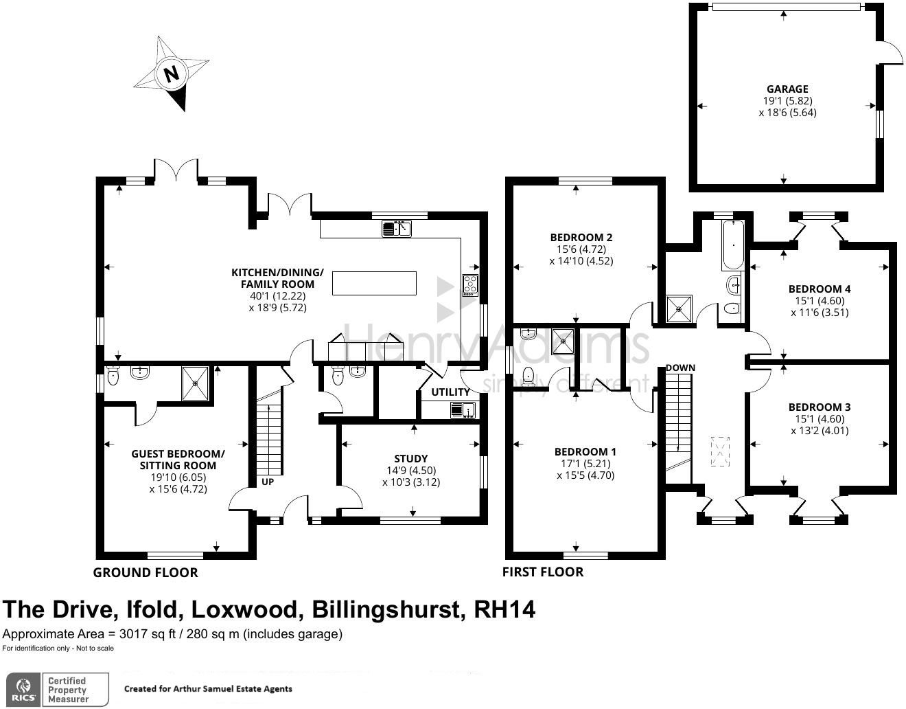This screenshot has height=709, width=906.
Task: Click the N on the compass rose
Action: click(x=172, y=73)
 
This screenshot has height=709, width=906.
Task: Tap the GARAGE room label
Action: click(x=787, y=89)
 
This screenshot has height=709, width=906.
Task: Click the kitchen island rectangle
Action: click(x=374, y=283)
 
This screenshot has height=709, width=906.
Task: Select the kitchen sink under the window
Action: click(x=396, y=228)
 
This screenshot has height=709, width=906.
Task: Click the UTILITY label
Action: click(x=450, y=392)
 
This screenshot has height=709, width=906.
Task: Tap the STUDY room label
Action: click(x=411, y=458)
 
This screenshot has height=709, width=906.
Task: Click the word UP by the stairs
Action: click(x=268, y=482)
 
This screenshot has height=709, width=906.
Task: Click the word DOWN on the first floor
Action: click(x=680, y=368)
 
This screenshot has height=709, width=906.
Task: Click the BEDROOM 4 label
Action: click(x=820, y=289)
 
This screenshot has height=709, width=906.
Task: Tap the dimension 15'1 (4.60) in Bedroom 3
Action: click(x=820, y=419)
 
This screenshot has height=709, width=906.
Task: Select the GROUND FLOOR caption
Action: click(x=146, y=572)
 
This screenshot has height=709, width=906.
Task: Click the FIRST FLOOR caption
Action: click(x=543, y=572)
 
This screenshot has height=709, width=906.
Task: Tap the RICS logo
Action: click(x=25, y=688)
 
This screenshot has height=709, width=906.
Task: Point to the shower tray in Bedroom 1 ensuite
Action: click(x=566, y=340)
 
